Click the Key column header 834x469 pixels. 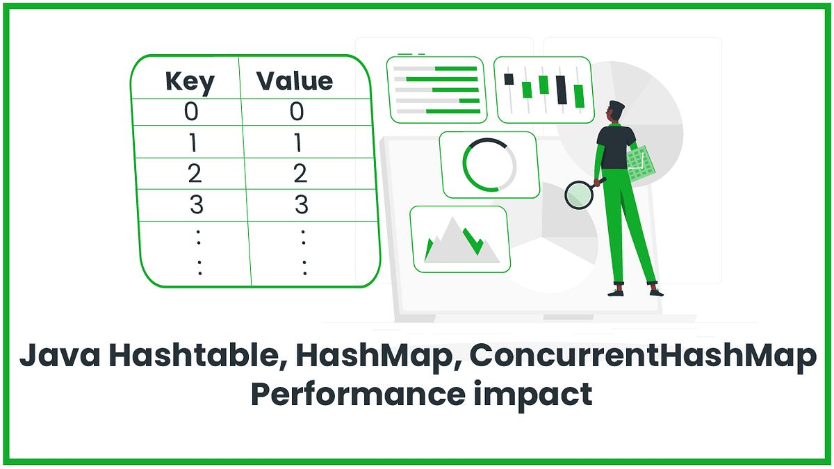coord(190,81)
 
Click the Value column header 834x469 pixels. coord(295,81)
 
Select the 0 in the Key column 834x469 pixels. coord(190,112)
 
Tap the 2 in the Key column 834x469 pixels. coord(194,173)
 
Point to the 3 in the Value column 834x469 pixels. coord(300,205)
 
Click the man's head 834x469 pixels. coord(614,112)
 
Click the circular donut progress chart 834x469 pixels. coord(489,164)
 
